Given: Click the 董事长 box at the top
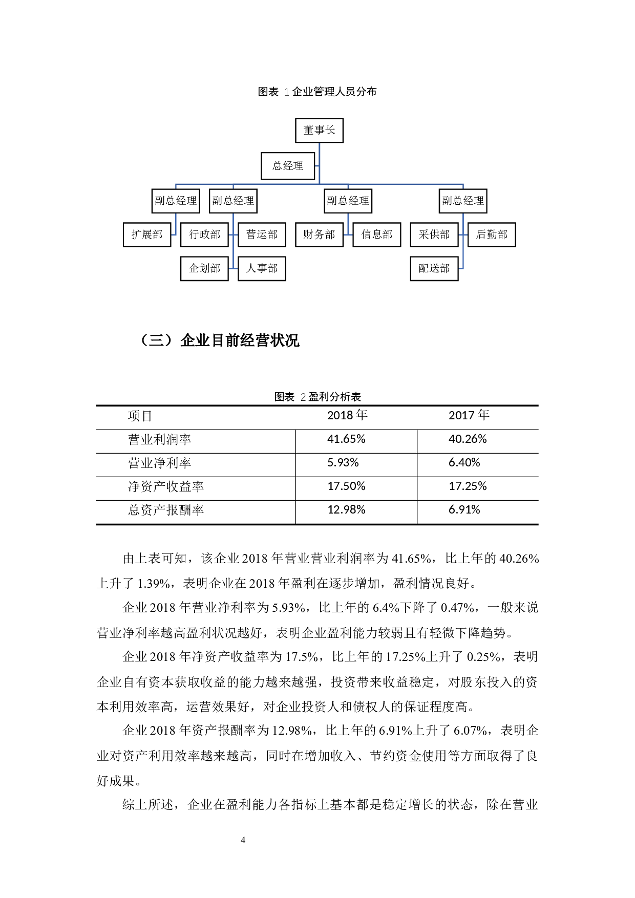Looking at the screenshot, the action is click(x=319, y=131).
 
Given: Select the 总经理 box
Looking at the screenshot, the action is click(x=288, y=166).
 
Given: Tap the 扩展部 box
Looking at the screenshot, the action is click(x=147, y=234).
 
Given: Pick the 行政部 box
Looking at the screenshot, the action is click(x=204, y=234).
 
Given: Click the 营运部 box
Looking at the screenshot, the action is click(x=262, y=234).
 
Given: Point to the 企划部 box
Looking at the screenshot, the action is click(x=204, y=268).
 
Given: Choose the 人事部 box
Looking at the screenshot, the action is click(x=262, y=268).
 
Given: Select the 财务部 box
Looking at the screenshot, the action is click(x=319, y=234).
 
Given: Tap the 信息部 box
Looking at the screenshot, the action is click(x=376, y=234).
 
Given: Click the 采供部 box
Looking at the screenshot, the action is click(x=434, y=234).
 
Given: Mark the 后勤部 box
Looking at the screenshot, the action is click(x=492, y=234).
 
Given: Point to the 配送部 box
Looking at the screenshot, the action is click(x=434, y=268).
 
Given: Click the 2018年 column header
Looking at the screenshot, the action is click(x=347, y=415).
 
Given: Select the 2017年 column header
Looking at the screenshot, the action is click(x=469, y=415).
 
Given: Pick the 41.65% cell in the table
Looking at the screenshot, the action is click(x=346, y=439).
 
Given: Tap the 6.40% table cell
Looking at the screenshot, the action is click(x=464, y=463).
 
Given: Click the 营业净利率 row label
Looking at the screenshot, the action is click(x=159, y=463).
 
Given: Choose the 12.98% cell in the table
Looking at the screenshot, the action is click(x=346, y=510).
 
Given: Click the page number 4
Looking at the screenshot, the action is click(x=243, y=840).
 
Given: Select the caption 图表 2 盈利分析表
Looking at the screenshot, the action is click(x=317, y=397).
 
